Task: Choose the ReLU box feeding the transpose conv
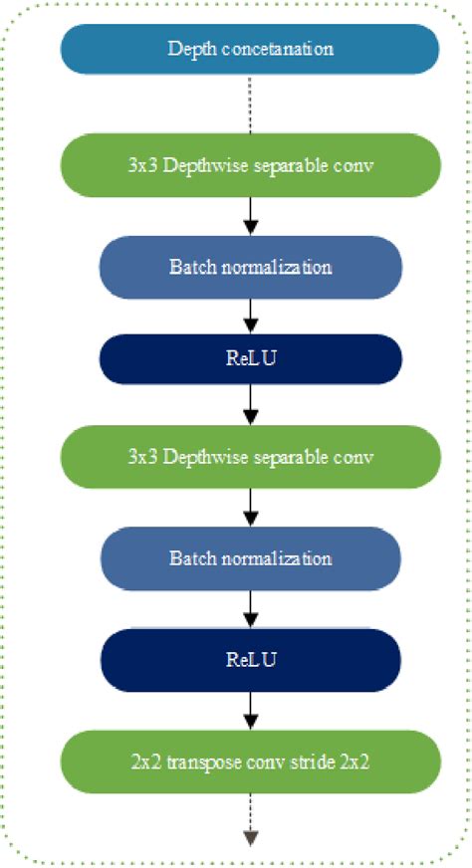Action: pos(250,659)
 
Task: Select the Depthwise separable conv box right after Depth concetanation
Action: pos(250,163)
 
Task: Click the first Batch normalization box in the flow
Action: pos(250,267)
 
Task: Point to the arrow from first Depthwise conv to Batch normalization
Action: pos(251,213)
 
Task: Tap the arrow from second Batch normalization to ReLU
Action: pos(251,609)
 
